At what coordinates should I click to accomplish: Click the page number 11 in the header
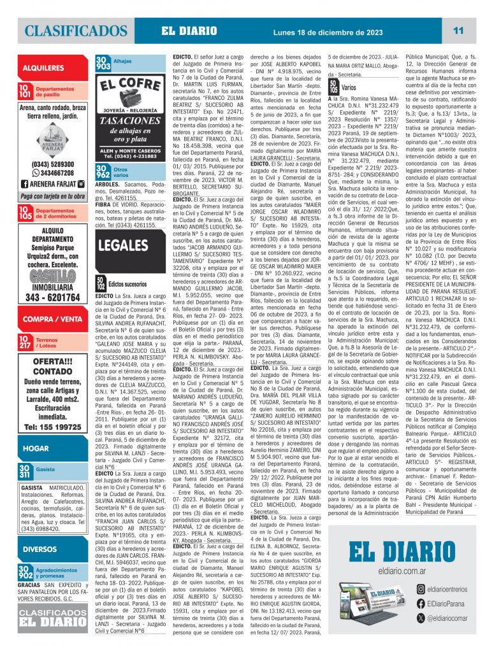(458, 31)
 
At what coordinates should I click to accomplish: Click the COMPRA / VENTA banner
(52, 319)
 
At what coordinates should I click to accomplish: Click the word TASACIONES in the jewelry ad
(129, 122)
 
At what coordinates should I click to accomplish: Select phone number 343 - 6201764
(52, 297)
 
